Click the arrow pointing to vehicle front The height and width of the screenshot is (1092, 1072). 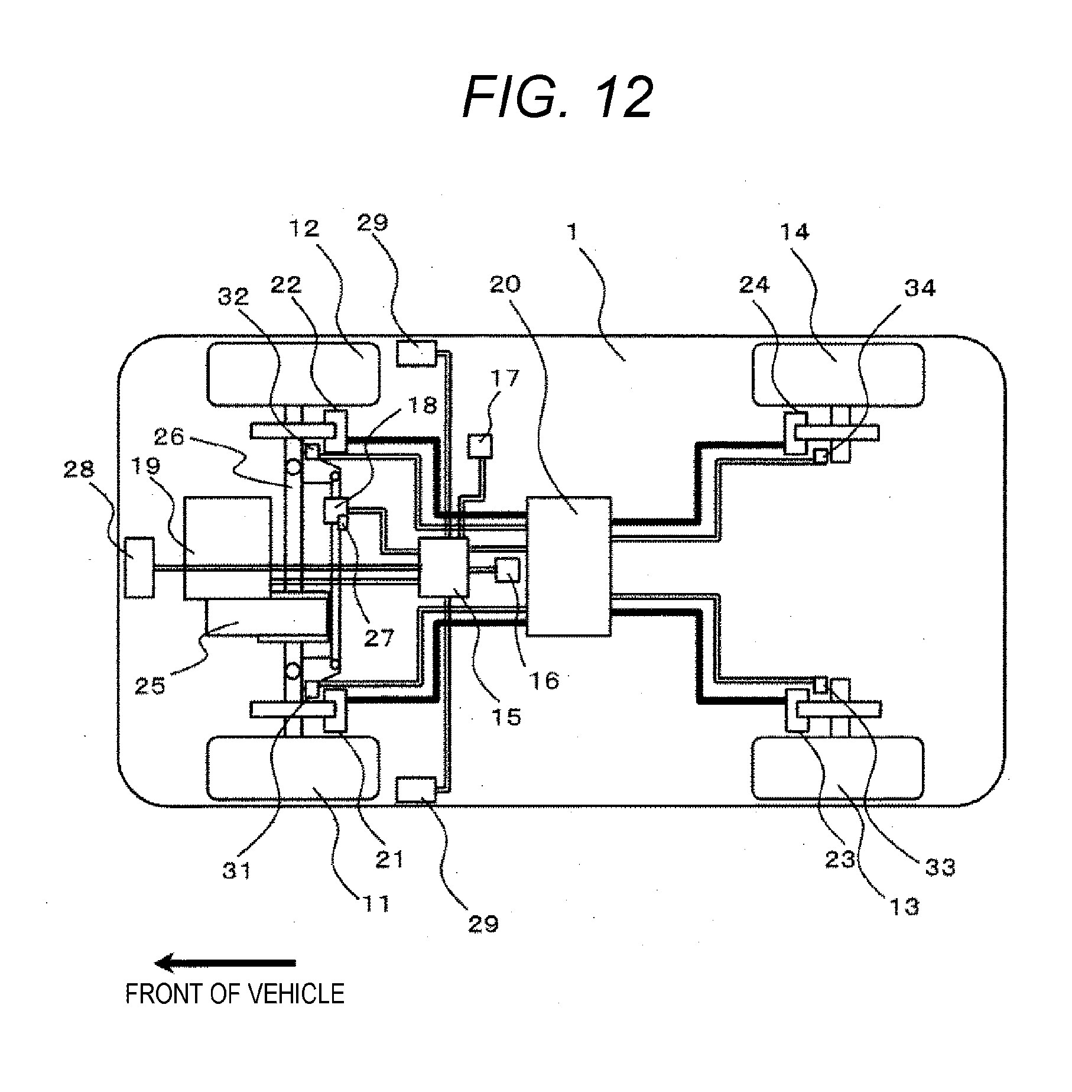pyautogui.click(x=225, y=963)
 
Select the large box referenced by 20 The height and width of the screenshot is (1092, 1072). pyautogui.click(x=569, y=566)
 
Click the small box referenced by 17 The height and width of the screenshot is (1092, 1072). pyautogui.click(x=479, y=446)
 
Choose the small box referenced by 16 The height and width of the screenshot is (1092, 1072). pyautogui.click(x=507, y=569)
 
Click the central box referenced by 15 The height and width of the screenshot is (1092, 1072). pyautogui.click(x=443, y=567)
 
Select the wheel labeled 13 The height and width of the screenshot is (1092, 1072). pyautogui.click(x=838, y=767)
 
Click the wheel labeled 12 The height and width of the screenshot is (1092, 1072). pyautogui.click(x=293, y=374)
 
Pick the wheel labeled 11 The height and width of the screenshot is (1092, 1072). pyautogui.click(x=293, y=767)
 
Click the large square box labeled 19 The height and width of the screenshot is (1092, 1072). pyautogui.click(x=228, y=548)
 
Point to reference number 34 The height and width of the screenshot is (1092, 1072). pyautogui.click(x=920, y=288)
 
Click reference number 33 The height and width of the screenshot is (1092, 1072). pyautogui.click(x=940, y=867)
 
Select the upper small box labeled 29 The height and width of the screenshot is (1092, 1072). pyautogui.click(x=416, y=353)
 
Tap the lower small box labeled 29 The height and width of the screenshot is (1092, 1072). pyautogui.click(x=416, y=790)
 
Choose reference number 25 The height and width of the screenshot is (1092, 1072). pyautogui.click(x=150, y=686)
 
